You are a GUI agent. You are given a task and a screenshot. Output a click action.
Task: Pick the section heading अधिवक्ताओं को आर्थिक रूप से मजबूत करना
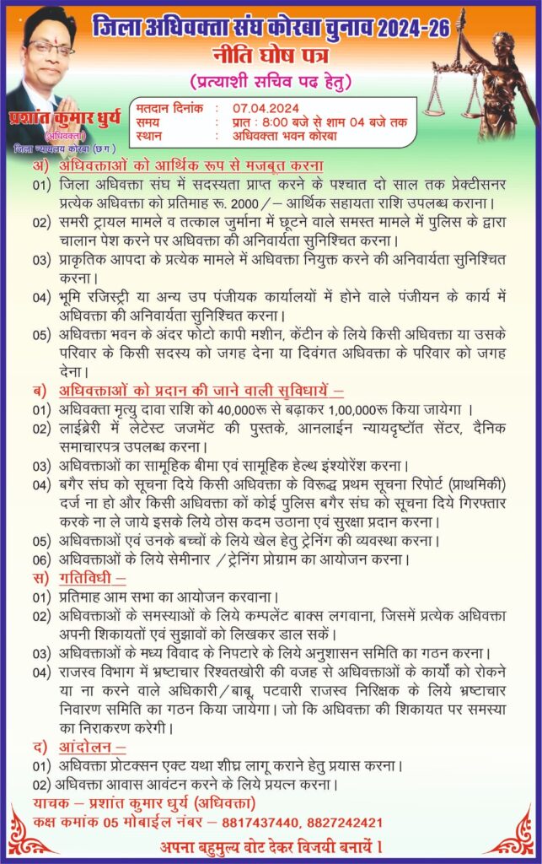(191, 165)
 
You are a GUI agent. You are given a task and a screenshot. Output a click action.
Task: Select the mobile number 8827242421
(355, 821)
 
